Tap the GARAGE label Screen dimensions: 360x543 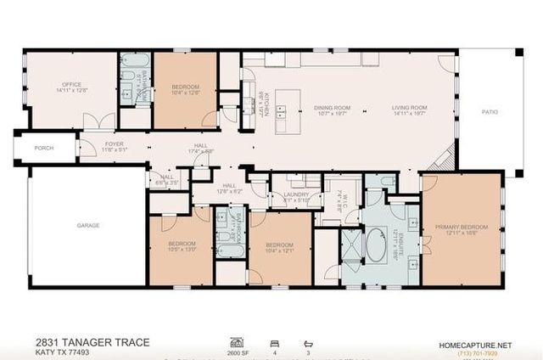click(88, 225)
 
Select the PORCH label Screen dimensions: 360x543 click(43, 147)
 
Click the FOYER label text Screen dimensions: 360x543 click(114, 144)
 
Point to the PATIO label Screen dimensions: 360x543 click(490, 112)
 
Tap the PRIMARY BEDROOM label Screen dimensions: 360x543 click(462, 227)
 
